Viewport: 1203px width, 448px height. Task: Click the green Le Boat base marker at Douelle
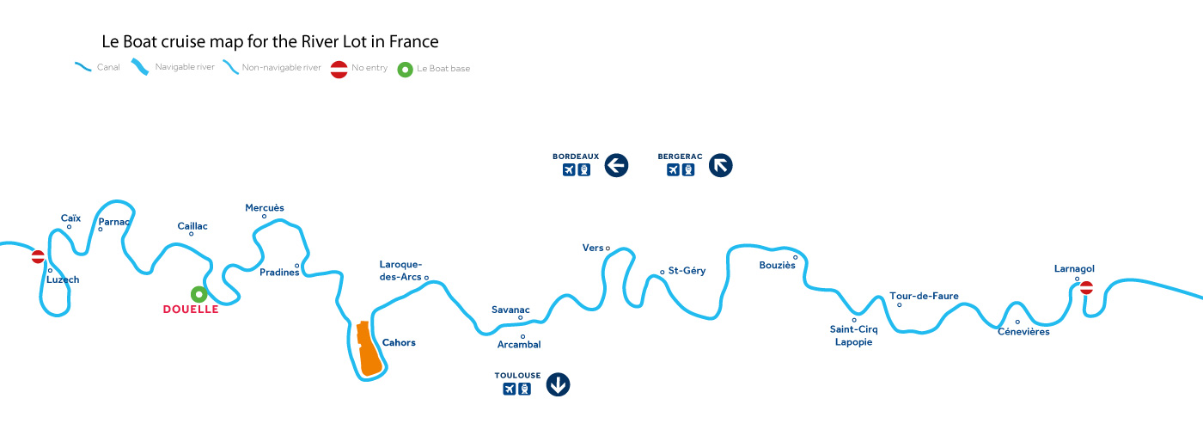coord(199,294)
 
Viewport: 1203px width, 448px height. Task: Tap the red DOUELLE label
coord(191,310)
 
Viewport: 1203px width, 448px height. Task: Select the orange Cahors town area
coord(369,349)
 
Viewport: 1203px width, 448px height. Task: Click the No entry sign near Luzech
coord(38,256)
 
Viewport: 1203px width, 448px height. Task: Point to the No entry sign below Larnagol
coord(1086,288)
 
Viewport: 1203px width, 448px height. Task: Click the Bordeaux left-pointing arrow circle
coord(616,165)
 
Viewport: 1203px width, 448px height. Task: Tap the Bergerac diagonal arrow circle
coord(721,165)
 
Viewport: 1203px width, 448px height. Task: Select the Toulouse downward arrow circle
coord(558,384)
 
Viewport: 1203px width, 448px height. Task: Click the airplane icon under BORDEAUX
coord(568,169)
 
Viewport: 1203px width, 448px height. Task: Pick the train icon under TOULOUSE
coord(524,390)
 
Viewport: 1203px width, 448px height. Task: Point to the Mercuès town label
coord(265,208)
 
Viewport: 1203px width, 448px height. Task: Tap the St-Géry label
coord(687,271)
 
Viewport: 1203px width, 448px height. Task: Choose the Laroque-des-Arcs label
coord(400,270)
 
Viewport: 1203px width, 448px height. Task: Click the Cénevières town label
coord(1023,332)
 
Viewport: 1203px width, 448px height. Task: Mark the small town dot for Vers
coord(608,249)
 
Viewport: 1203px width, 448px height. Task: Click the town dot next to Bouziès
coord(796,257)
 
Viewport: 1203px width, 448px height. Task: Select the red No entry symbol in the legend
coord(339,68)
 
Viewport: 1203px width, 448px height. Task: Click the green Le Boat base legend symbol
coord(405,68)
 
